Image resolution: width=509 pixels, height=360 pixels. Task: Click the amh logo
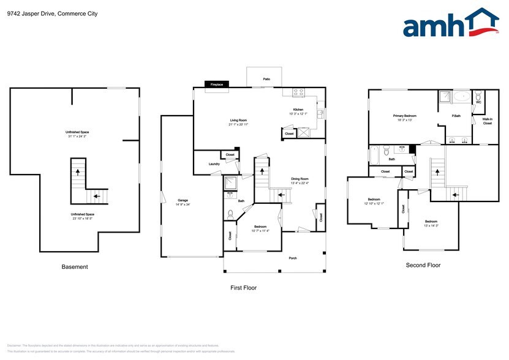pyautogui.click(x=450, y=24)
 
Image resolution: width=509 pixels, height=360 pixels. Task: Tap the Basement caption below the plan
pyautogui.click(x=75, y=267)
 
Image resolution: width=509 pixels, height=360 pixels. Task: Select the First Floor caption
pyautogui.click(x=243, y=288)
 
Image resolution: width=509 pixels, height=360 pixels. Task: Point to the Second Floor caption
pyautogui.click(x=423, y=265)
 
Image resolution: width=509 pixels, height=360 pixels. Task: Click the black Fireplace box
pyautogui.click(x=217, y=84)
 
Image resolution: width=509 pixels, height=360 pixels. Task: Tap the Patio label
pyautogui.click(x=266, y=79)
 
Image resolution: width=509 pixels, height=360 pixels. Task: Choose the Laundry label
pyautogui.click(x=214, y=163)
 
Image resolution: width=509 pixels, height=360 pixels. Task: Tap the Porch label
pyautogui.click(x=293, y=258)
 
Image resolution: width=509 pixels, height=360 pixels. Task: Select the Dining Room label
pyautogui.click(x=300, y=179)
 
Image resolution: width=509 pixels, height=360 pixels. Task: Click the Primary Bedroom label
pyautogui.click(x=405, y=116)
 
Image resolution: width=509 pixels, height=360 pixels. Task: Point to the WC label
pyautogui.click(x=478, y=102)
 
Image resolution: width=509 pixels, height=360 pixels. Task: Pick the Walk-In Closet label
pyautogui.click(x=487, y=121)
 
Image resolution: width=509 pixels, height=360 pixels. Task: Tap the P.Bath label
pyautogui.click(x=456, y=116)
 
